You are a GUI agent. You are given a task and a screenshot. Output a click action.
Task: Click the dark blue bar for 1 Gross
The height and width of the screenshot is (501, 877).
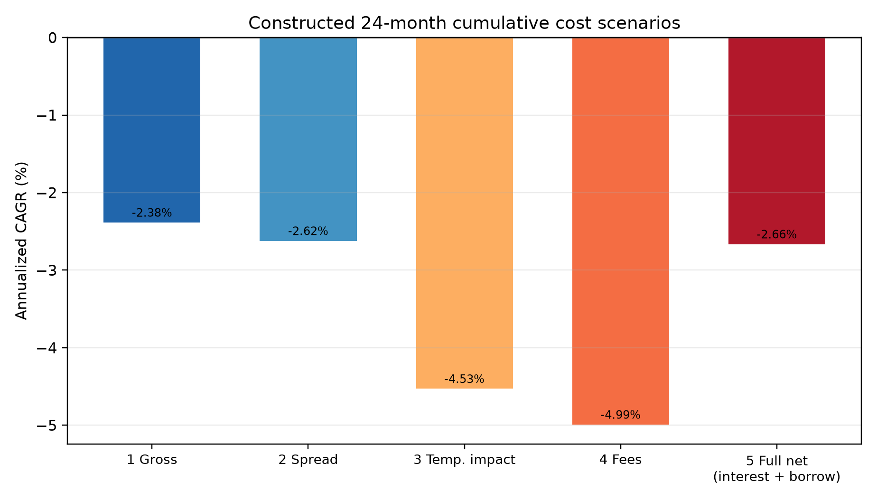(x=152, y=130)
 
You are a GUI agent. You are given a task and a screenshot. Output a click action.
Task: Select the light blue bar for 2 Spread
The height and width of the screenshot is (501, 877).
(x=308, y=139)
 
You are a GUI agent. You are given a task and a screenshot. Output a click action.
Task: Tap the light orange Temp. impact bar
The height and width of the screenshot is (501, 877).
(x=465, y=213)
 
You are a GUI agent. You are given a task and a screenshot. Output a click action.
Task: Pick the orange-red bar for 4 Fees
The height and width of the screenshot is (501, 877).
(x=621, y=231)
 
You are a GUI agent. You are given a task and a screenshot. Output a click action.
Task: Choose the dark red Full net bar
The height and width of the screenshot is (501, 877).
(x=777, y=141)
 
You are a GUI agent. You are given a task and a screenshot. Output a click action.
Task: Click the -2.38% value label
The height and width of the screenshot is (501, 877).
(x=152, y=213)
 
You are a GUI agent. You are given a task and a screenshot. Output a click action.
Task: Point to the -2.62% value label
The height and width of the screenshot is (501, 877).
(x=308, y=232)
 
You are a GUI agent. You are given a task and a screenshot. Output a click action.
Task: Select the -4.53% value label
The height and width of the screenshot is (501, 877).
(x=465, y=379)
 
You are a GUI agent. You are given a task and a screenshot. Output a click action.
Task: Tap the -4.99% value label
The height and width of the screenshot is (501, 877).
(x=621, y=415)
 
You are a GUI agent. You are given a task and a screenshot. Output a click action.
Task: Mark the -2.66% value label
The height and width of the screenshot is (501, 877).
(x=777, y=235)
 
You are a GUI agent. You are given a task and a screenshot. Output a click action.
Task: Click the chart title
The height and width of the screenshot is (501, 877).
(x=464, y=23)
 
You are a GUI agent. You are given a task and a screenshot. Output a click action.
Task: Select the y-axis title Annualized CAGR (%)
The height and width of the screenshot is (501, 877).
(x=22, y=241)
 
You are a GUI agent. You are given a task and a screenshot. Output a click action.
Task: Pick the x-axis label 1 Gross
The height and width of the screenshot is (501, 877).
(x=152, y=460)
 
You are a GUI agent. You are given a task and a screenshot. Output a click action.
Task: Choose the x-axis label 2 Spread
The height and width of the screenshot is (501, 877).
(x=308, y=460)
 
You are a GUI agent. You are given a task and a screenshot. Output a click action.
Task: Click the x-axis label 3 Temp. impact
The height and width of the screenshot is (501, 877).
(x=465, y=460)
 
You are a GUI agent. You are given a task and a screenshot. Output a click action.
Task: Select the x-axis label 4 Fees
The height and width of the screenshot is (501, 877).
(x=621, y=460)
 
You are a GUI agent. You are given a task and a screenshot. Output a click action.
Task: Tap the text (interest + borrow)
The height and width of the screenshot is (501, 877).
(x=777, y=477)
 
